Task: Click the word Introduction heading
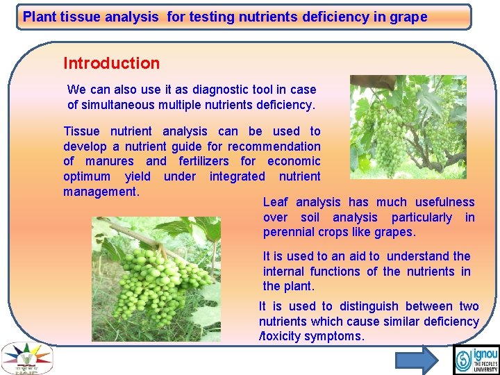111,63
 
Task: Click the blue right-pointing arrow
416,359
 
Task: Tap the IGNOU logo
476,359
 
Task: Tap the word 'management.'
101,191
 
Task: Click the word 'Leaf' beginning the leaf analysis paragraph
275,202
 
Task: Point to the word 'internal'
283,272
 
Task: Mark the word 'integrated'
237,176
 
